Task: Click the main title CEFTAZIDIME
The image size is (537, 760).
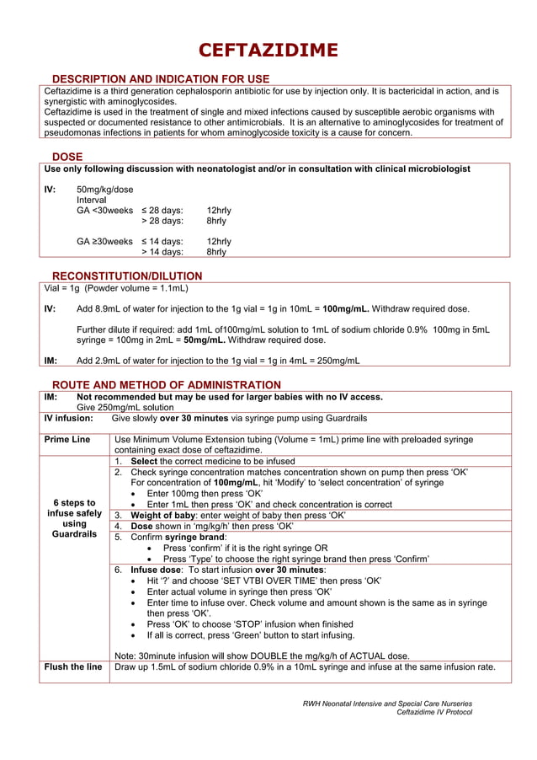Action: pos(268,50)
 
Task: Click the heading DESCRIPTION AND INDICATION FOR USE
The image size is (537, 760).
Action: pos(161,79)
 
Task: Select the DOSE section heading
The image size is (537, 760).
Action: pos(67,157)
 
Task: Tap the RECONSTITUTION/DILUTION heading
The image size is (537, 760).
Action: pos(127,276)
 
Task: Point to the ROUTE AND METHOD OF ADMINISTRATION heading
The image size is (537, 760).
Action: pos(167,384)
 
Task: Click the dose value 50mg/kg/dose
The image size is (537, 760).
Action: pos(105,190)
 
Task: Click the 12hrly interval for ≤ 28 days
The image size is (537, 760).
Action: pos(219,211)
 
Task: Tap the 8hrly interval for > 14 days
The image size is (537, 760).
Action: pos(216,252)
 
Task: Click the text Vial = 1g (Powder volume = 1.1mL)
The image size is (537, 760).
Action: pos(115,288)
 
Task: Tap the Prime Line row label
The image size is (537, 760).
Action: pos(67,440)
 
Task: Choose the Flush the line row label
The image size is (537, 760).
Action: pos(73,667)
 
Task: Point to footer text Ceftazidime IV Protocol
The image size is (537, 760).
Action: pos(433,712)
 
